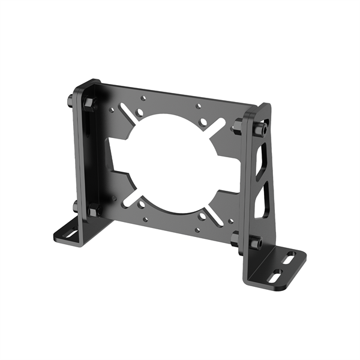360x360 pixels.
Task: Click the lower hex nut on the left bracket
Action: (94, 210)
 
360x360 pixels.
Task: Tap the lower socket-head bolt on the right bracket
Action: (256, 244)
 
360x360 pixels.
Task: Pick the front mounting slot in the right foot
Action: (277, 275)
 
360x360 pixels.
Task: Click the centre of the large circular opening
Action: (170, 157)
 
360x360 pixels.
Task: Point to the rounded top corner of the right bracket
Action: (265, 107)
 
